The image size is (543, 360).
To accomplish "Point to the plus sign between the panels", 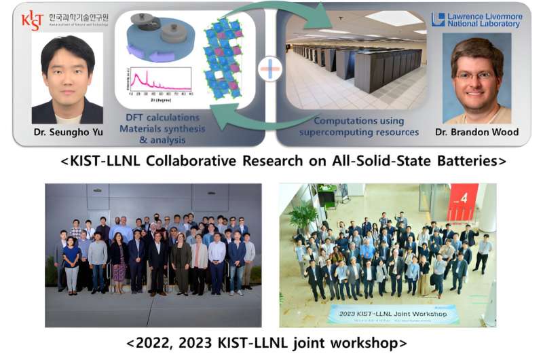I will coord(270,70).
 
